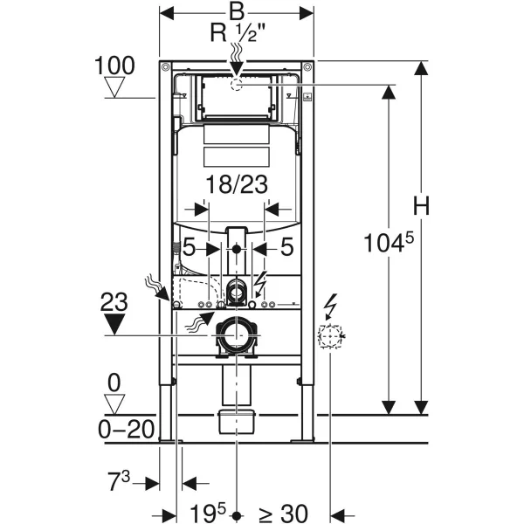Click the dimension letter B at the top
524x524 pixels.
point(236,12)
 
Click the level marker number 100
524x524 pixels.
point(116,65)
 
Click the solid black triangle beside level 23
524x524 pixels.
point(116,325)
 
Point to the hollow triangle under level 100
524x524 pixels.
point(116,87)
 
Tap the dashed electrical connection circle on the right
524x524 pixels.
point(330,336)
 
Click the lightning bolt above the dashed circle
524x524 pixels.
point(331,305)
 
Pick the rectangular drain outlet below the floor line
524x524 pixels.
point(236,420)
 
